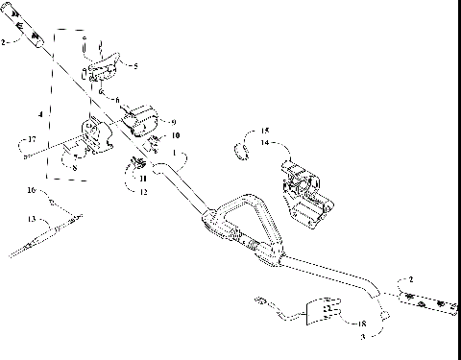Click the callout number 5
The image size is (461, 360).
click(135, 66)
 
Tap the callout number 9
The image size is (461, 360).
click(173, 122)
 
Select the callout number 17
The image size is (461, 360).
click(31, 141)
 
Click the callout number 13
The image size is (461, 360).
click(31, 220)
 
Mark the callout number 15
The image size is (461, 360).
click(266, 130)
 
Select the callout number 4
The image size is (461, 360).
click(40, 114)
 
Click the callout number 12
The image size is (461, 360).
click(144, 193)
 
